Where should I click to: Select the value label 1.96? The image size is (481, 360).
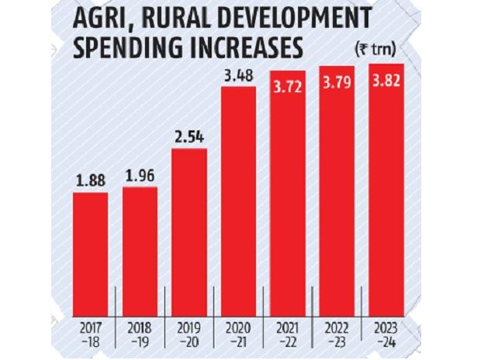click(x=140, y=176)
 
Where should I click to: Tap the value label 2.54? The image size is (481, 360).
click(x=189, y=137)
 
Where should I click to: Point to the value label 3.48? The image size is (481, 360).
click(x=238, y=76)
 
